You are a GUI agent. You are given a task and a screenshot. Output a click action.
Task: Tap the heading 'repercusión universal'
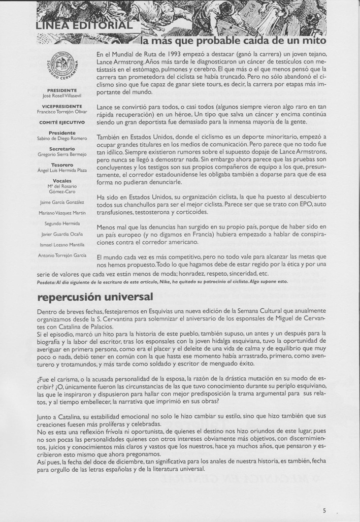click(x=94, y=296)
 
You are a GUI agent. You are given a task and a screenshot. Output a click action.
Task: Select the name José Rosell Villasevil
click(x=62, y=95)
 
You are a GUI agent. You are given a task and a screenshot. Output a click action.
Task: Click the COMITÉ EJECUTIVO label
click(x=62, y=122)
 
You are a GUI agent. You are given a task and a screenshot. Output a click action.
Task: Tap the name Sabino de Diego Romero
click(x=62, y=138)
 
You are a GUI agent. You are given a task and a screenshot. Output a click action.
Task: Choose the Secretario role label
click(x=62, y=149)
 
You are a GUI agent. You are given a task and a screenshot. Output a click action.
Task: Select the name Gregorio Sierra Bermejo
click(x=62, y=154)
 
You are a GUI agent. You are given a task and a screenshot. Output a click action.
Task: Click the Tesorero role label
click(x=62, y=165)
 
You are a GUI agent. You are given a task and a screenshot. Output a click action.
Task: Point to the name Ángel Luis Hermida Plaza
click(x=62, y=171)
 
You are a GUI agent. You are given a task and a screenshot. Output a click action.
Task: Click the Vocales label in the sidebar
click(x=62, y=181)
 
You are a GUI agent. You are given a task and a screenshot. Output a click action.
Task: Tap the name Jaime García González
click(x=62, y=202)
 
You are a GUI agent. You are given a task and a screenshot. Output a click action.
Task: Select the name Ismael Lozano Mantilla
click(x=62, y=244)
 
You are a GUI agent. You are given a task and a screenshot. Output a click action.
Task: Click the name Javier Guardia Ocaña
click(x=62, y=234)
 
